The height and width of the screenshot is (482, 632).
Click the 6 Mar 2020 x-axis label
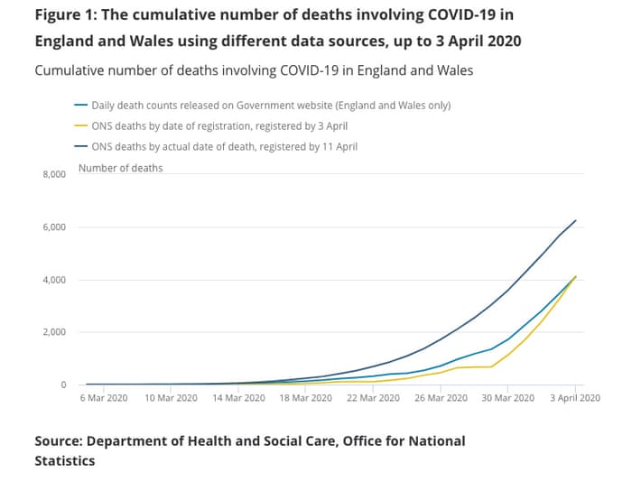104,396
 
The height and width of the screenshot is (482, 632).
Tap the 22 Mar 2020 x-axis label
373,396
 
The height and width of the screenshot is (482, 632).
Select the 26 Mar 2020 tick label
441,396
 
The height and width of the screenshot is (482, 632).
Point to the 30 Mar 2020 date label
507,396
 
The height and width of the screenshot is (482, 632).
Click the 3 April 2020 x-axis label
575,396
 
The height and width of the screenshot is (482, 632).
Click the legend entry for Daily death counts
270,105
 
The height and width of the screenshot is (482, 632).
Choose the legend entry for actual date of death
231,146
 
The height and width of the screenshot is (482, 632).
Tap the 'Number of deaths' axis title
121,168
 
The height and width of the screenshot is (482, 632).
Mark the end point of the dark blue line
576,220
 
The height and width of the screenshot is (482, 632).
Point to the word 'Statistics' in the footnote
64,460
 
